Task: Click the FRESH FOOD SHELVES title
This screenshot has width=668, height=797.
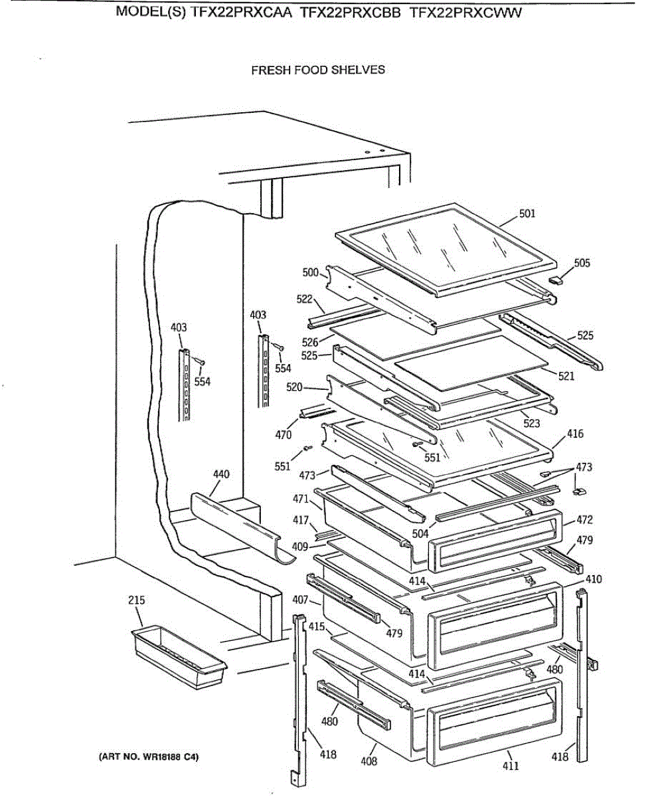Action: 317,70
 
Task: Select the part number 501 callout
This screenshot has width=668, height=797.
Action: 527,214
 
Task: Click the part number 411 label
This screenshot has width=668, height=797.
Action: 510,766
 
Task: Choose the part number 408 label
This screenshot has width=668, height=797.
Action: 369,761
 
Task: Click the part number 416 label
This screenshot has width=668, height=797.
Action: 575,434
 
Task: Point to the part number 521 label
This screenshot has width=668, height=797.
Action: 566,377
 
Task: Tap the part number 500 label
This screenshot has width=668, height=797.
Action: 310,272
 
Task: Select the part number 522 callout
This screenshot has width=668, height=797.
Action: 304,300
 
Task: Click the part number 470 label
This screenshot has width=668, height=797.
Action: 283,436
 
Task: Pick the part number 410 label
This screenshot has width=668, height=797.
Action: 594,579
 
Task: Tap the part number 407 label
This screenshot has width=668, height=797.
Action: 301,600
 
